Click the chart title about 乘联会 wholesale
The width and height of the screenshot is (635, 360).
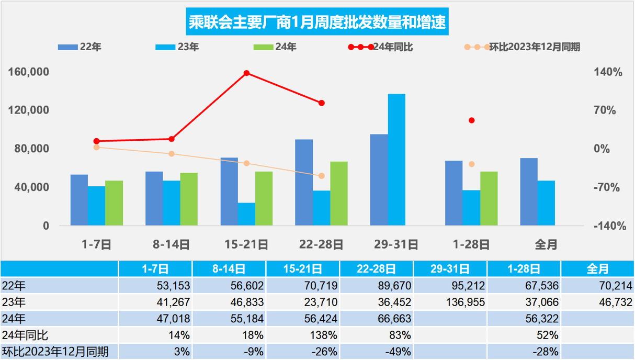click(x=318, y=22)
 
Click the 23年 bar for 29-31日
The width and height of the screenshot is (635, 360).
click(x=396, y=160)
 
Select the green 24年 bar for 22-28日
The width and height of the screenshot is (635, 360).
click(x=339, y=194)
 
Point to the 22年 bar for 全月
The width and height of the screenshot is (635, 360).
click(x=529, y=192)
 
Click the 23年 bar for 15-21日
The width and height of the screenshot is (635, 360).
click(x=246, y=214)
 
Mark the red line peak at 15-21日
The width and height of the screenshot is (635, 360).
click(x=246, y=73)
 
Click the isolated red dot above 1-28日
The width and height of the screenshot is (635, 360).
click(x=471, y=120)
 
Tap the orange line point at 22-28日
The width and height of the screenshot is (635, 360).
click(x=322, y=176)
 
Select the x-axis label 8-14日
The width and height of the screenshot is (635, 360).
click(x=172, y=244)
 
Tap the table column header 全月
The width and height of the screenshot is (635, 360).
click(x=597, y=269)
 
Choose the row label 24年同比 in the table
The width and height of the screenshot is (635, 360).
click(x=26, y=335)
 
